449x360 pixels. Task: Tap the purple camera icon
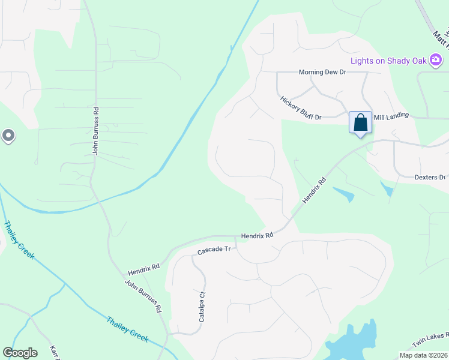coord(436,60)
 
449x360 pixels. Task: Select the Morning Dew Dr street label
coord(323,72)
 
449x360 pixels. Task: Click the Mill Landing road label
coord(391,115)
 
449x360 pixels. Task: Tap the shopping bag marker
coord(360,123)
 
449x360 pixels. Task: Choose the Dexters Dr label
coord(430,177)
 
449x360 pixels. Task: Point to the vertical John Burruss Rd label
coord(95,131)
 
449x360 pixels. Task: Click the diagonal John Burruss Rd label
coord(143,296)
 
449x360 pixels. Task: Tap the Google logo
coord(20,353)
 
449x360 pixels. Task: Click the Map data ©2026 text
coord(423,355)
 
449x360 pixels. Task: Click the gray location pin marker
coord(8,136)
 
